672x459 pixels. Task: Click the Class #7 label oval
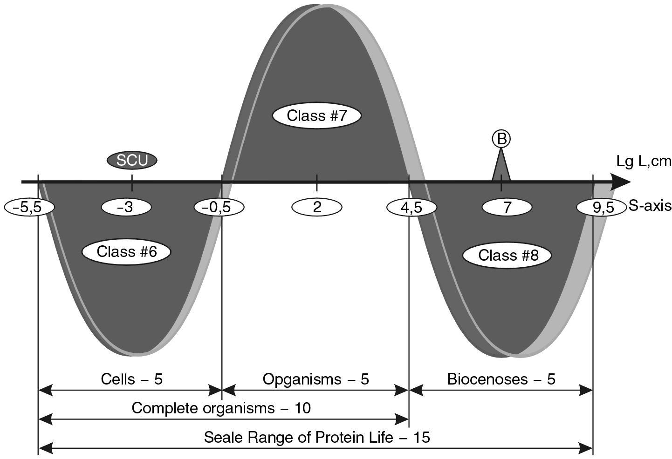tap(317, 115)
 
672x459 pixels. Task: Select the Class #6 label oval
tap(126, 252)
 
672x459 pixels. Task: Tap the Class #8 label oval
tap(508, 255)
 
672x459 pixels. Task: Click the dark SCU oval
tap(132, 160)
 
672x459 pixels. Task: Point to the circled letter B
tap(501, 139)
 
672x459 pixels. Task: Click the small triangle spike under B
tap(501, 169)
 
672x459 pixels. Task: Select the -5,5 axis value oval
tap(29, 207)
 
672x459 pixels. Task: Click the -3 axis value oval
tap(126, 207)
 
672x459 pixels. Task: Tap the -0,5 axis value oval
tap(219, 207)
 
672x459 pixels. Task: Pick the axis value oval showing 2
tap(317, 207)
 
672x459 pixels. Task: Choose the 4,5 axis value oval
tap(411, 207)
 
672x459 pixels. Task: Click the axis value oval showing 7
tap(507, 207)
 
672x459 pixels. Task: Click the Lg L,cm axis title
tap(644, 162)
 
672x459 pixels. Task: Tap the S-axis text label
tap(650, 206)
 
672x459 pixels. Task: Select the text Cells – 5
tap(132, 379)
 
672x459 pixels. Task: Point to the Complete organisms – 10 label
tap(221, 408)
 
